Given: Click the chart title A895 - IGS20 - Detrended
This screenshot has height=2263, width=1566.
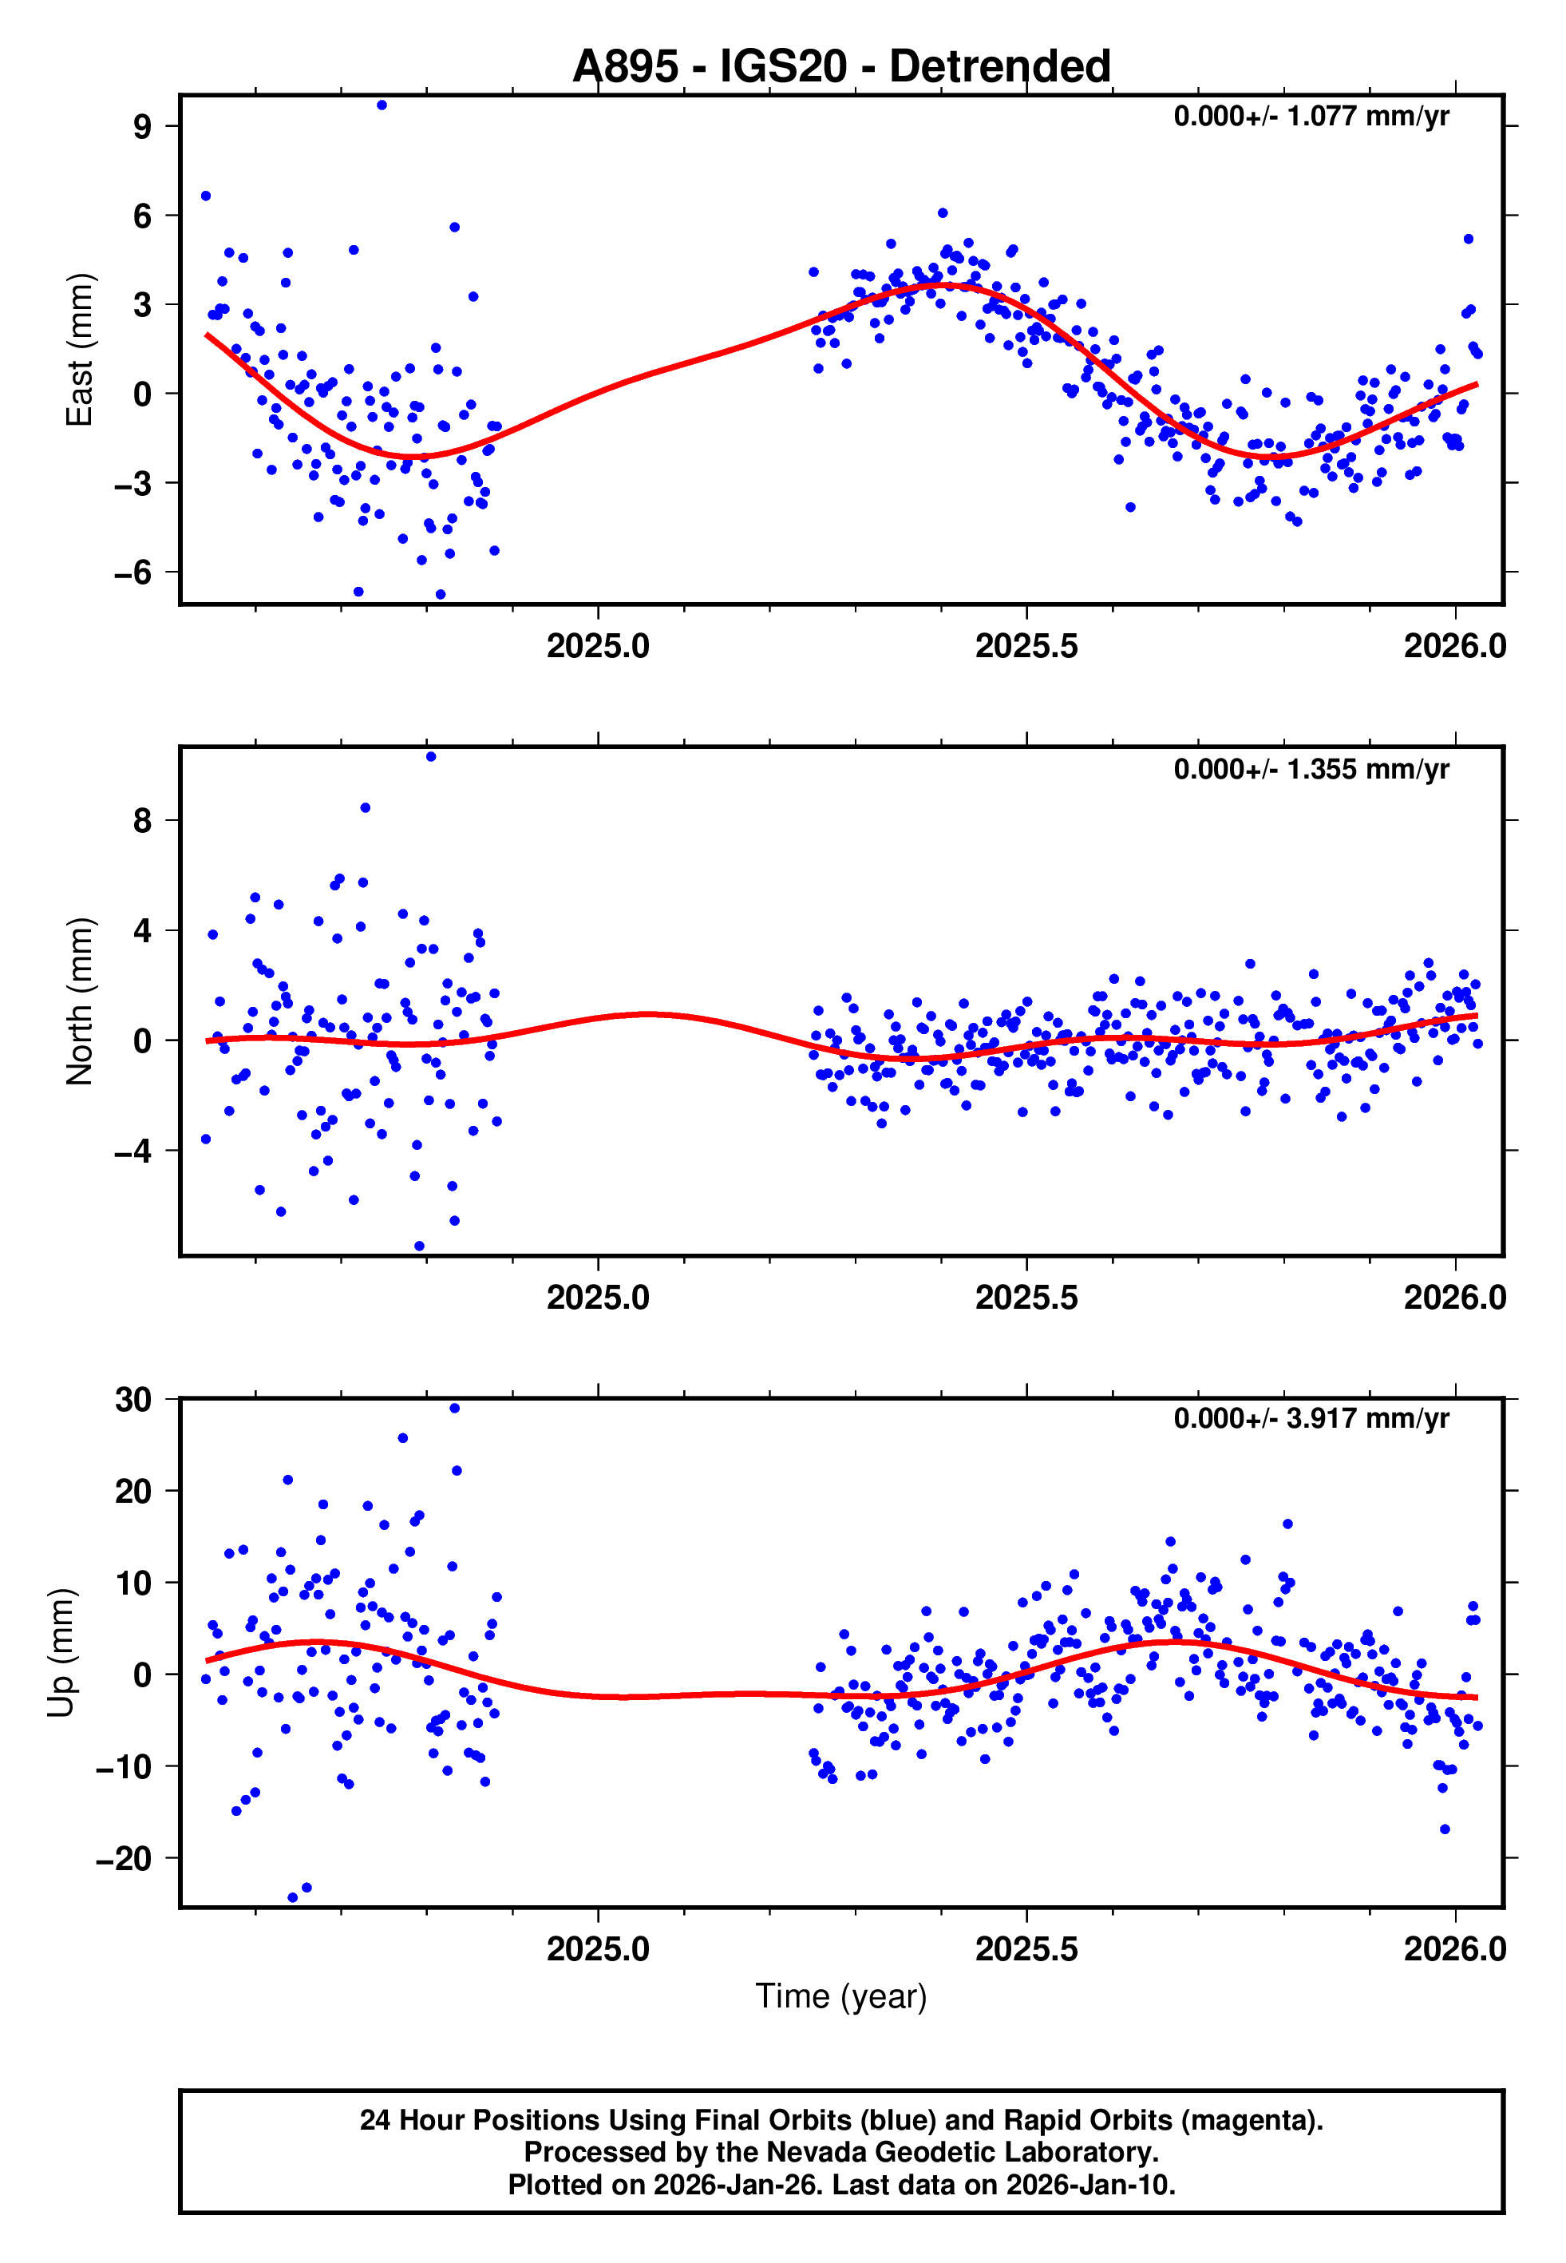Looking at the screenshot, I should click(x=841, y=67).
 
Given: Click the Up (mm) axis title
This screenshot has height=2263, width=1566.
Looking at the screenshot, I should click(x=61, y=1653).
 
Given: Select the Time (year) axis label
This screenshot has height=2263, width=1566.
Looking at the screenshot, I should click(x=841, y=1995).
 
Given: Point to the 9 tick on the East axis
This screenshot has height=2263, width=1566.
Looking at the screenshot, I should click(x=143, y=127).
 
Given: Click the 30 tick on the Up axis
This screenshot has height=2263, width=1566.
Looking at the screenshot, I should click(x=133, y=1401).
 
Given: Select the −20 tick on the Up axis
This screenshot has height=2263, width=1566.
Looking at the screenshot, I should click(x=124, y=1857).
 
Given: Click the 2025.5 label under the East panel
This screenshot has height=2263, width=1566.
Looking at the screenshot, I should click(x=1026, y=646).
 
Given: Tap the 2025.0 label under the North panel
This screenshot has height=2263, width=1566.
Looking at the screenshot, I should click(x=598, y=1298).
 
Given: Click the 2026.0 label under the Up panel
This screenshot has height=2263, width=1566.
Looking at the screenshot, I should click(x=1454, y=1948).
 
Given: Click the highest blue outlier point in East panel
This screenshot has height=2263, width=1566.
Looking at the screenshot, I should click(x=382, y=105).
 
